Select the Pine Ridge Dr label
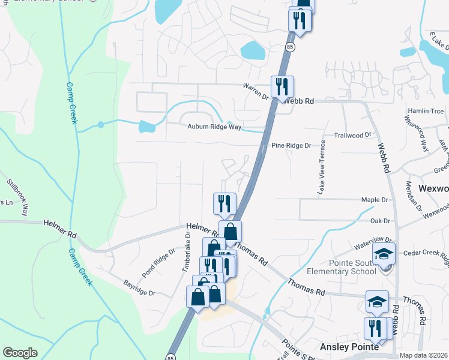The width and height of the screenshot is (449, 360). click(291, 146)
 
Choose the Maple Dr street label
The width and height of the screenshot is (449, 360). click(375, 200)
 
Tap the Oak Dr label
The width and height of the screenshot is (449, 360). click(380, 221)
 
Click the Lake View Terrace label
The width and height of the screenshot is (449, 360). click(322, 167)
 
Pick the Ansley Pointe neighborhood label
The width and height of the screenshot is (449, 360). click(349, 347)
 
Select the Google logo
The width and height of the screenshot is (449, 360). click(20, 353)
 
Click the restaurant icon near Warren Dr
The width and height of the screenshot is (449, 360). click(282, 86)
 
